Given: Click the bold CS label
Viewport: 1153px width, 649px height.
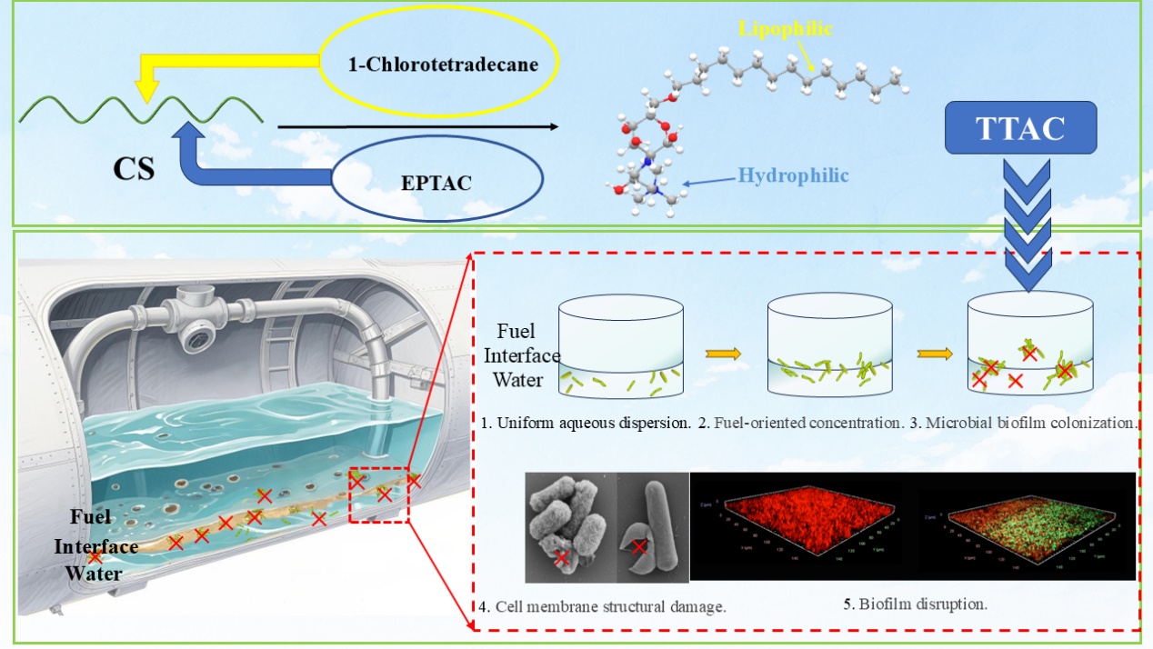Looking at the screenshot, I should click(x=133, y=169).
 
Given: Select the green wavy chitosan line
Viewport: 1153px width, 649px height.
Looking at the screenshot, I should click(x=142, y=111).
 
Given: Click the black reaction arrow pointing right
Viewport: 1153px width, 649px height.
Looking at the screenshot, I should click(x=416, y=127).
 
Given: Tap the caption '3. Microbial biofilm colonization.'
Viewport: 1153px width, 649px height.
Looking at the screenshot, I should click(x=1023, y=424).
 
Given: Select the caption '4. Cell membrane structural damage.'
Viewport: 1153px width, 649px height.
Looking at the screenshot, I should click(x=601, y=605).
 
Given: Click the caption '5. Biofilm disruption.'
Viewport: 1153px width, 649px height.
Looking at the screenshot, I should click(x=915, y=603).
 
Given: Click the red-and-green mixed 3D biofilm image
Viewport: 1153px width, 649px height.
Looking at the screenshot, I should click(x=1026, y=527).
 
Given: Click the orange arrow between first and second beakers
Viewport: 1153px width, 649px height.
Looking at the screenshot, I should click(x=725, y=354).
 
